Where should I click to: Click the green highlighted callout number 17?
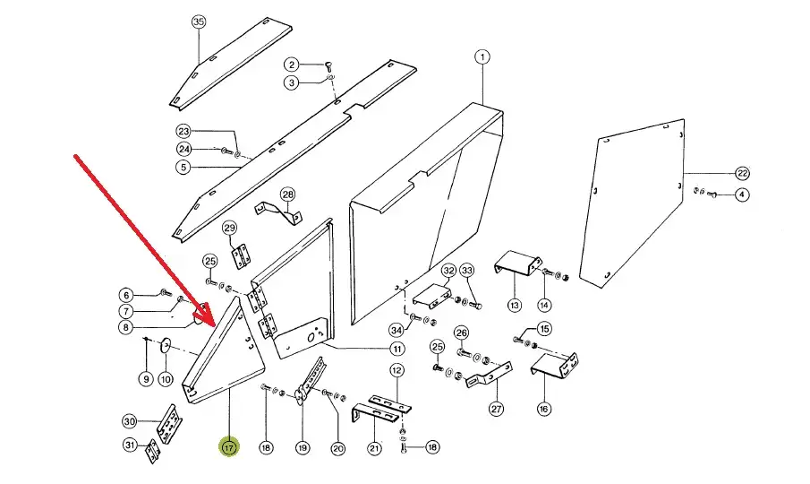point(229,446)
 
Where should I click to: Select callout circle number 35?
point(199,22)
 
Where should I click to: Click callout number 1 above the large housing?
point(482,57)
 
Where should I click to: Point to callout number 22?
point(742,172)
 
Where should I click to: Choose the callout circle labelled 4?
point(742,194)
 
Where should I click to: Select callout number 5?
point(183,167)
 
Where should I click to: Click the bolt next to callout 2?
point(328,64)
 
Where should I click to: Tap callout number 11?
point(396,349)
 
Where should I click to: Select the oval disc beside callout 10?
point(166,344)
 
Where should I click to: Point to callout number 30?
point(129,421)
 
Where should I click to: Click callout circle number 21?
point(373,448)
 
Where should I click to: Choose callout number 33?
point(467,270)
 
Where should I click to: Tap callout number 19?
point(302,447)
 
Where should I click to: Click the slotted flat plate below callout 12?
point(390,403)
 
